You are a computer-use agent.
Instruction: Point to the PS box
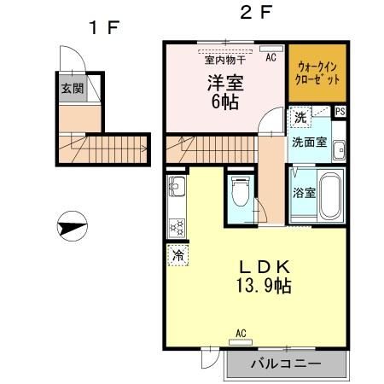tap(340, 111)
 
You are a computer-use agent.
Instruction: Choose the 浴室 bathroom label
tap(305, 192)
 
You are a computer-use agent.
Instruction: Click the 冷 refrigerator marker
tap(178, 255)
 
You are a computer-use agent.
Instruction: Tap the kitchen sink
tap(177, 187)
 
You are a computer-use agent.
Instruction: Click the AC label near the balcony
tap(241, 333)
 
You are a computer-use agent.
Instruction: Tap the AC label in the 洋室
tap(270, 58)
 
